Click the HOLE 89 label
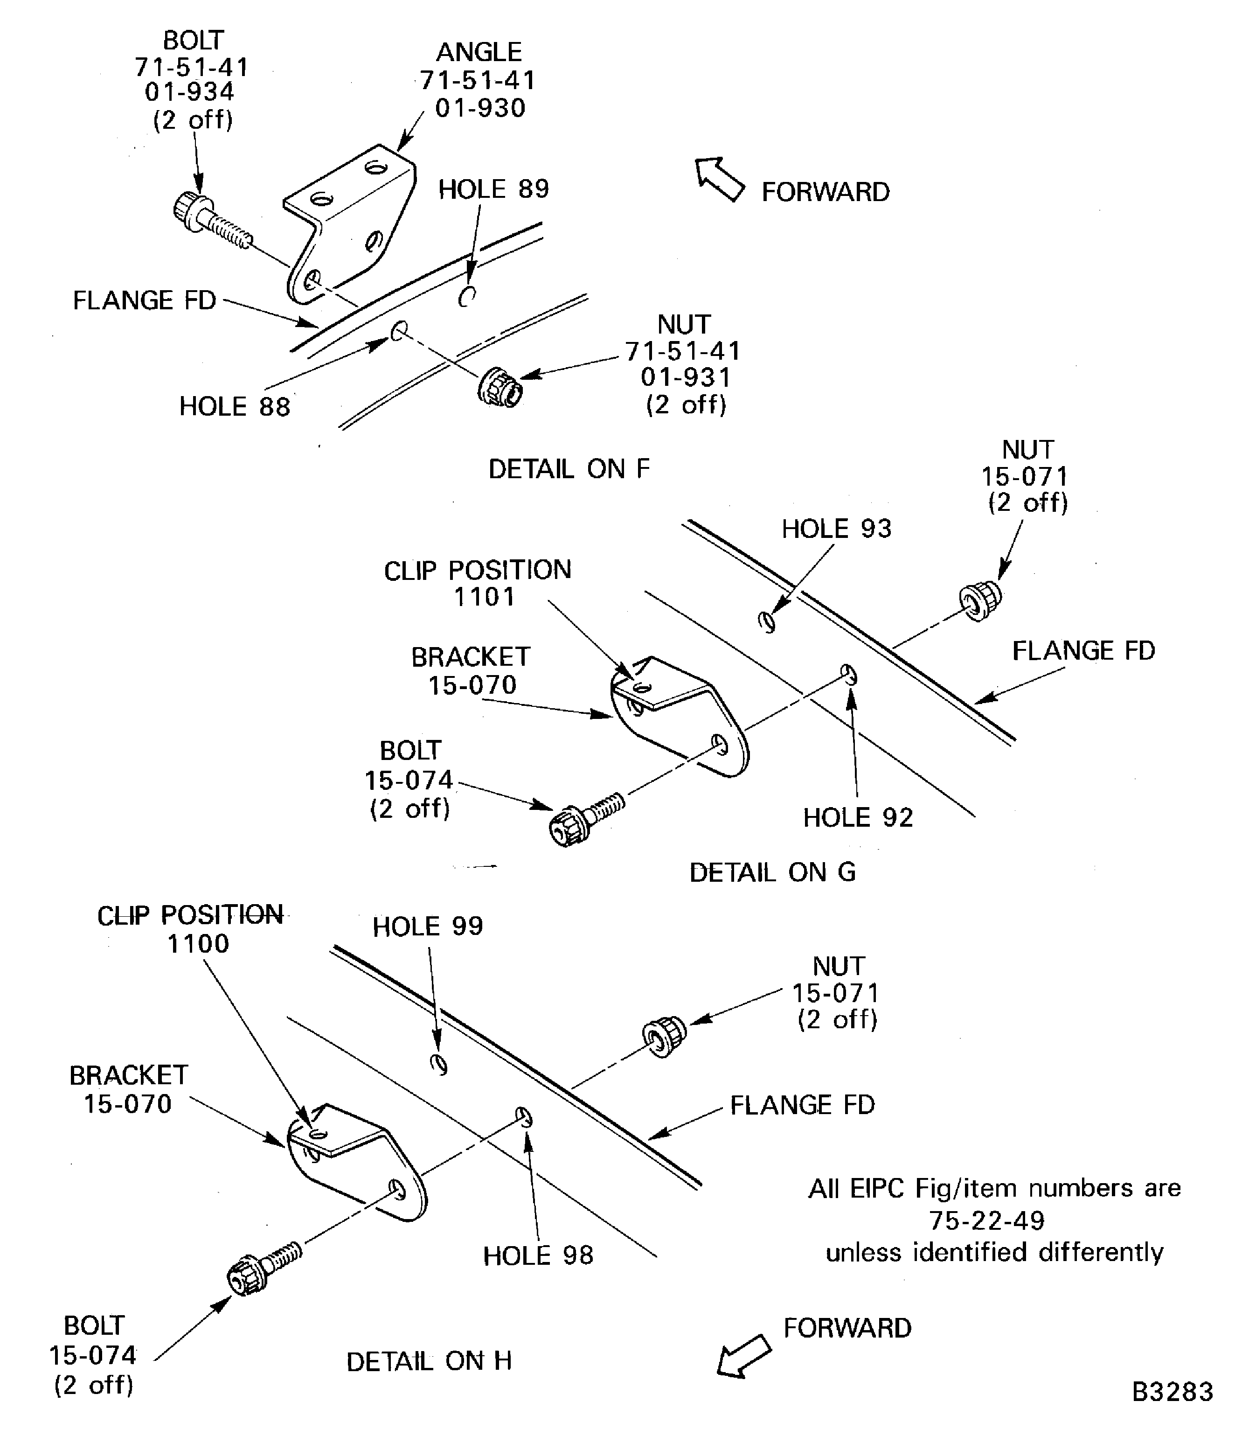pyautogui.click(x=493, y=189)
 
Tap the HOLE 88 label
pyautogui.click(x=234, y=407)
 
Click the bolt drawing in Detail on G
pyautogui.click(x=584, y=820)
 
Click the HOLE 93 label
pyautogui.click(x=837, y=529)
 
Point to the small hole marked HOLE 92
pyautogui.click(x=849, y=673)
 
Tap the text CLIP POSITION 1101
pyautogui.click(x=478, y=583)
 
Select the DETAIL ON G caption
pyautogui.click(x=772, y=872)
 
